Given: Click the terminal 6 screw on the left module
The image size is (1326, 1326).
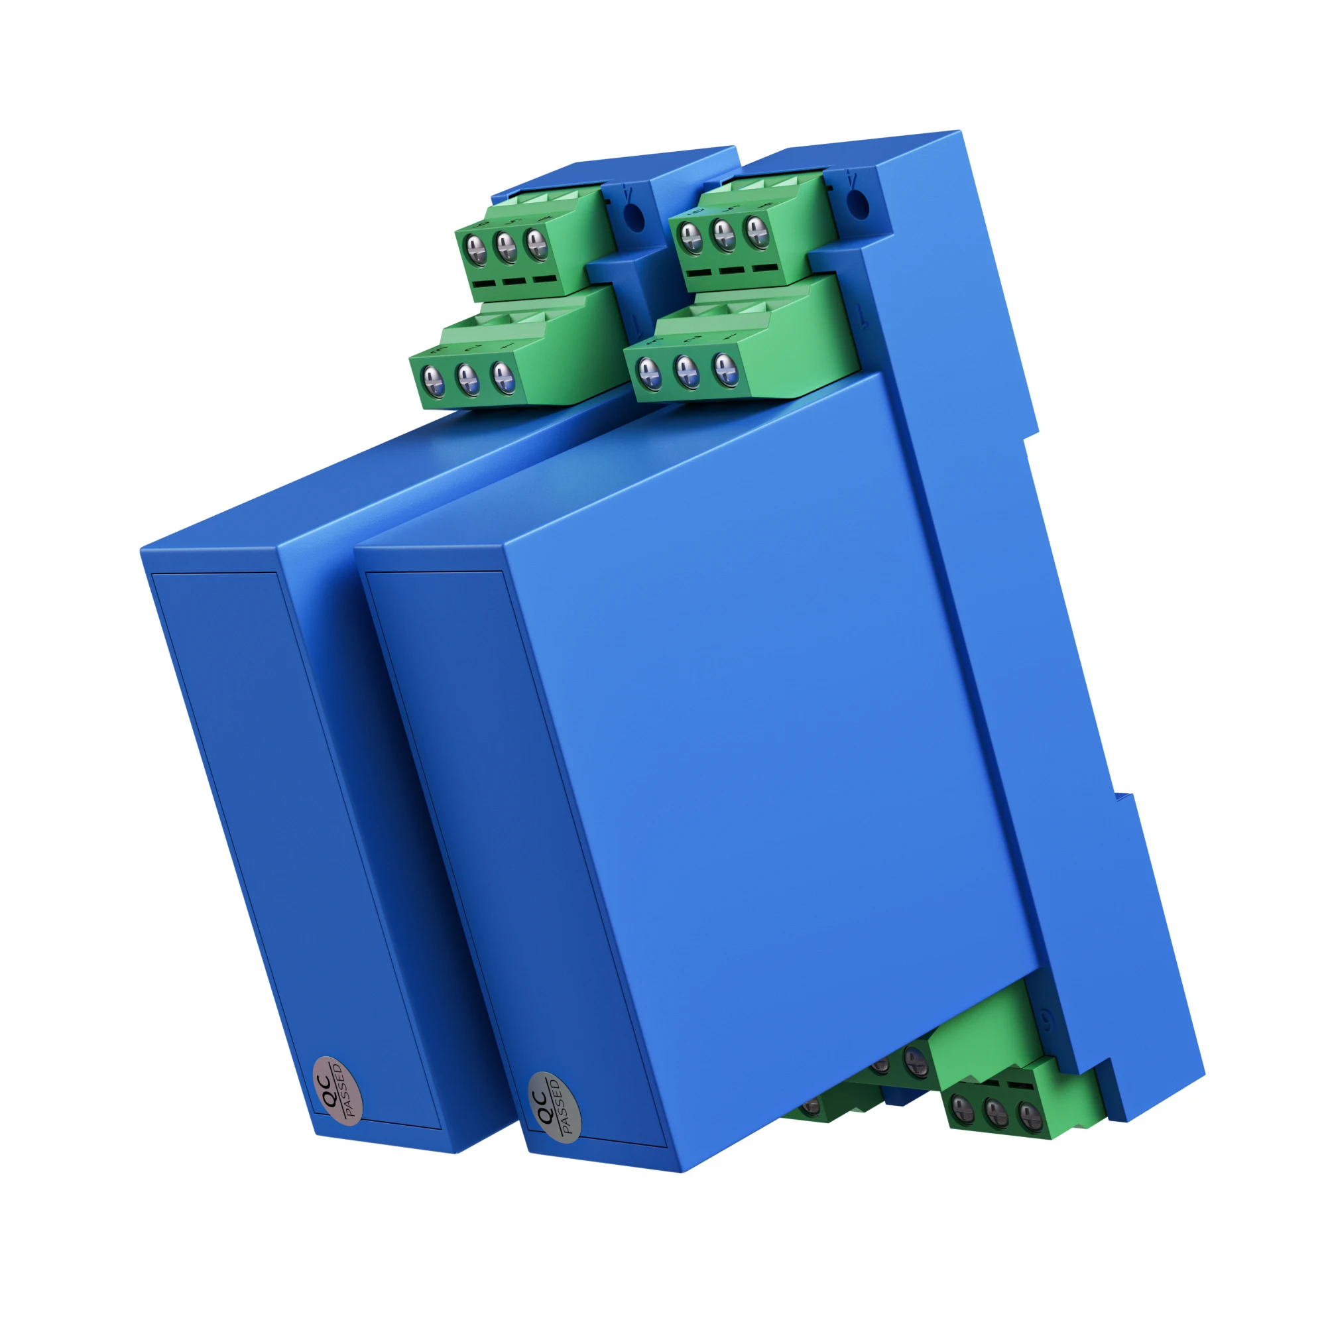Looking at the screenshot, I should (475, 249).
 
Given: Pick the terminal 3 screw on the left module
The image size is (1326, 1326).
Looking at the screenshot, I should (432, 381).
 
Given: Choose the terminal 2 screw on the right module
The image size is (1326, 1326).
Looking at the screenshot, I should (687, 371).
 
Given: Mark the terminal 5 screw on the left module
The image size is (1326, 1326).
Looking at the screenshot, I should (507, 245).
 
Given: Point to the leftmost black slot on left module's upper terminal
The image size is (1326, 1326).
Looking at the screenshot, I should (484, 284).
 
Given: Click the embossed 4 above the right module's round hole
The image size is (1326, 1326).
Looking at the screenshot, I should (852, 180).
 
